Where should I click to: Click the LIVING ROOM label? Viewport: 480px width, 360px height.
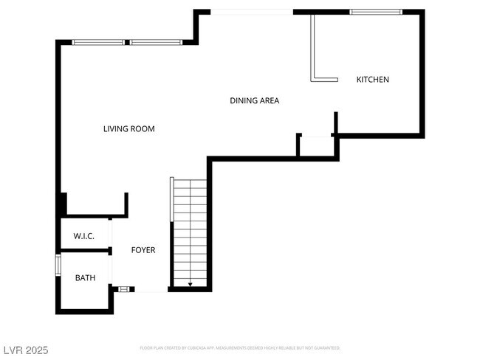128,129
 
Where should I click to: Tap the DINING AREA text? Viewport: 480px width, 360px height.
254,100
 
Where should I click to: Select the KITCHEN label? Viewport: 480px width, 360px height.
372,80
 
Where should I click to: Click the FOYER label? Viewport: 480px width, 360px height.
143,250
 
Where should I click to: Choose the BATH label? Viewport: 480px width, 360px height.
85,278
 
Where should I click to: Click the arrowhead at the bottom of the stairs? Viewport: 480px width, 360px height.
191,284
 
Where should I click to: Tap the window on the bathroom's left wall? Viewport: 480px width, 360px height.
58,266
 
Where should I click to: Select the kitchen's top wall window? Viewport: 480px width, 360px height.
375,12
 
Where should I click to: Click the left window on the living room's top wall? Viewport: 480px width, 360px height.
98,42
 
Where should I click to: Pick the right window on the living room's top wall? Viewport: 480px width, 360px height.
156,42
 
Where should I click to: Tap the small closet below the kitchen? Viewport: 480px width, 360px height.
316,146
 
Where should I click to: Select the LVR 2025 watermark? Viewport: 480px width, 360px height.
24,350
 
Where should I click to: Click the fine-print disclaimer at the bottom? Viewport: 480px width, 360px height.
240,347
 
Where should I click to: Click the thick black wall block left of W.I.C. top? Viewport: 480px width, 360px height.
63,204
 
